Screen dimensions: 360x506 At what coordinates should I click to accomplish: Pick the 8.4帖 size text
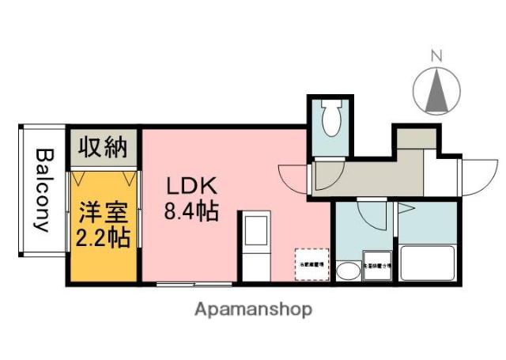[191, 211]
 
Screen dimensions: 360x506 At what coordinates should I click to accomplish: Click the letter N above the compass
[436, 55]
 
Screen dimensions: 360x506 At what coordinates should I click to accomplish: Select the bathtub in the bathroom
[427, 262]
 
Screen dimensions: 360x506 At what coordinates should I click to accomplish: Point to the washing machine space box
[376, 266]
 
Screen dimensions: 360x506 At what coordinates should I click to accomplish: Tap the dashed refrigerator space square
[309, 263]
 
